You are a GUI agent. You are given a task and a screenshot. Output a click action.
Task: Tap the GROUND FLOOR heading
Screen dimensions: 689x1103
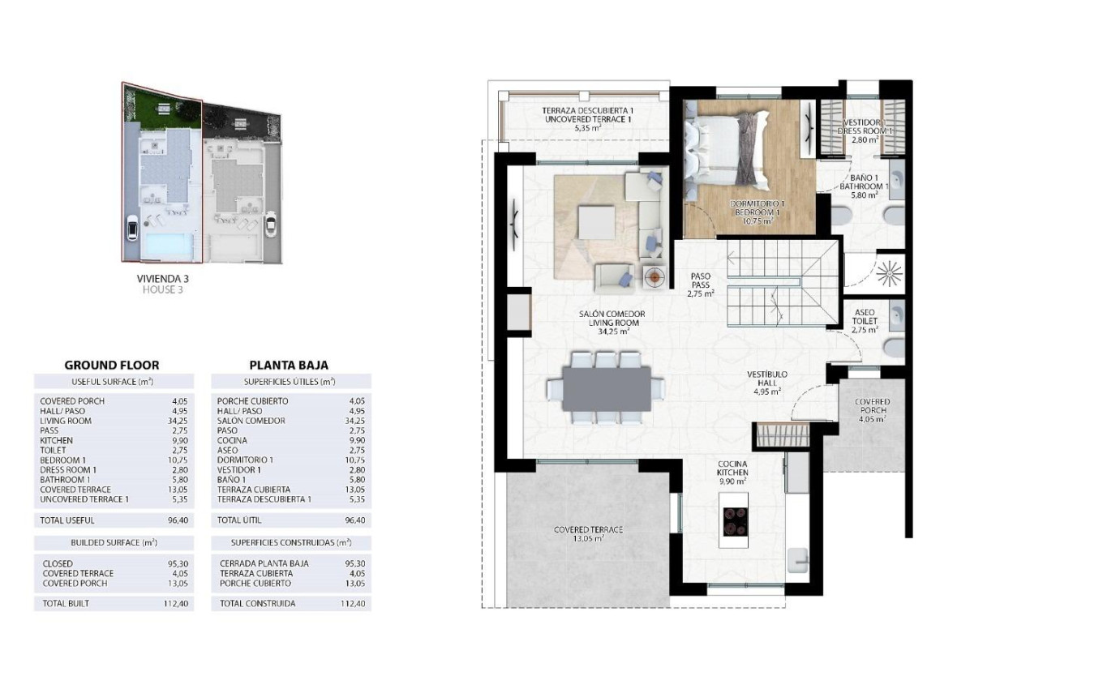point(112,365)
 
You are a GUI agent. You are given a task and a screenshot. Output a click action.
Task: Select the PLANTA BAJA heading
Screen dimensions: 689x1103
point(289,365)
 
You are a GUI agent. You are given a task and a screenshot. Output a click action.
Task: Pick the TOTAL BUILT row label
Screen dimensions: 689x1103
point(65,603)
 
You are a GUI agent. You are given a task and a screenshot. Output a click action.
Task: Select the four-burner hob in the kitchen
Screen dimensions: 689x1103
point(735,520)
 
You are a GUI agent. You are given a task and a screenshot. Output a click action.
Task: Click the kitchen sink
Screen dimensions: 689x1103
point(797,558)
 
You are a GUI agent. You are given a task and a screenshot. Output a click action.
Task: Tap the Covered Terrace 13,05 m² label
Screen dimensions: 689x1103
point(589,533)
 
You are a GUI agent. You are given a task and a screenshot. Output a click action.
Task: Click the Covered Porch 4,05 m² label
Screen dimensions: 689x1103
point(872,410)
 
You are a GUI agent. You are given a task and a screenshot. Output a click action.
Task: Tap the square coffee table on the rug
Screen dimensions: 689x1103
point(596,220)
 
